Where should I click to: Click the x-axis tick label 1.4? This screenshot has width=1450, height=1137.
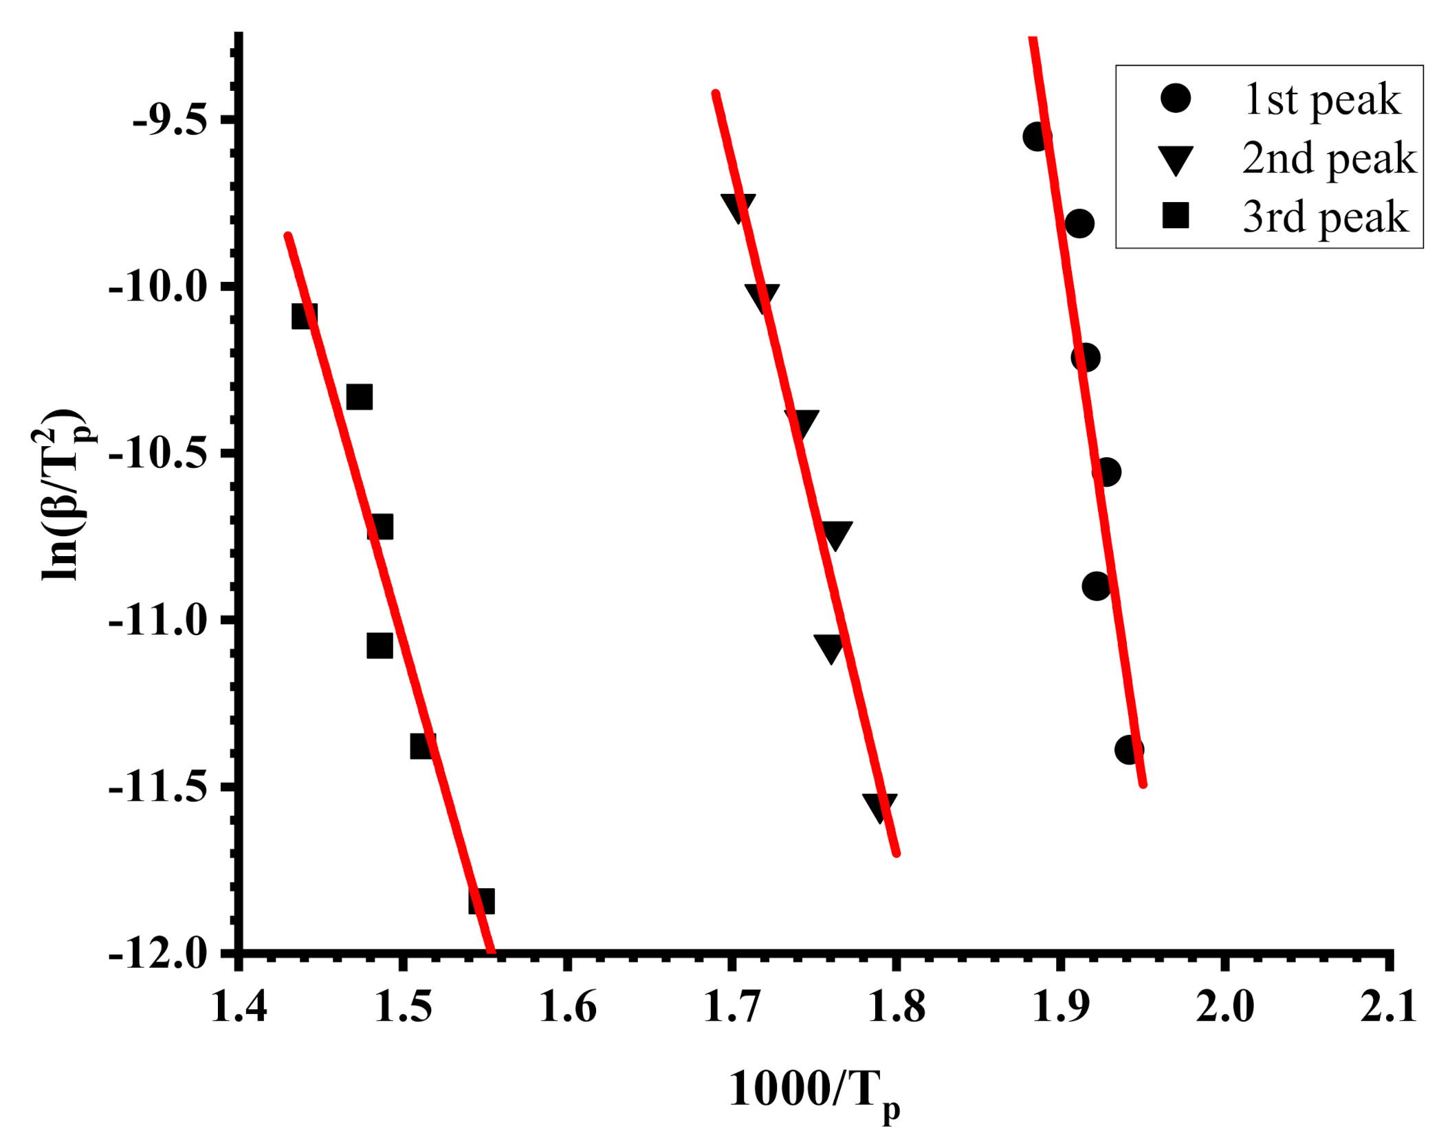(239, 1008)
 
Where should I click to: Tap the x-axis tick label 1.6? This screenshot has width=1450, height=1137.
(567, 1008)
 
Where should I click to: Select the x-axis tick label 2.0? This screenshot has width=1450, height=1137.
(1224, 1008)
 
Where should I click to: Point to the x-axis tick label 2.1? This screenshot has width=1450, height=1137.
(1388, 1008)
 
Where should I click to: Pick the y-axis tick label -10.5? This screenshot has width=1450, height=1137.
(157, 454)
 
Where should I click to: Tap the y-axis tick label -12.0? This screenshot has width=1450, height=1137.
(157, 954)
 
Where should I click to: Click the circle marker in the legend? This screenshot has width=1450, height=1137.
(1175, 98)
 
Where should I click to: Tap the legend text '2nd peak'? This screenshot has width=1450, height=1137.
(1328, 158)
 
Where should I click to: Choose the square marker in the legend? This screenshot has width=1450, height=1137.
(1175, 215)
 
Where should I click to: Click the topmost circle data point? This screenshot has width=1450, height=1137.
(1036, 136)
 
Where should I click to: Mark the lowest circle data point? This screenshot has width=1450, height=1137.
(1129, 749)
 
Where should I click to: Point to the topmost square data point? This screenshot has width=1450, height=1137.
(304, 316)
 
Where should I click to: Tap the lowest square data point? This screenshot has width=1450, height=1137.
(481, 901)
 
